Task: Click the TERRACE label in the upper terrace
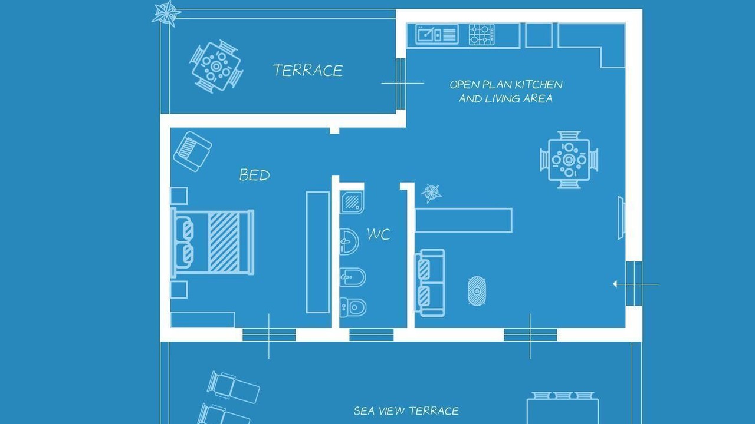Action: pos(308,70)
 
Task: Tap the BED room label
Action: pos(254,175)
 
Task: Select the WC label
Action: pos(379,234)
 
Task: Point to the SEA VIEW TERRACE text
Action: pos(406,410)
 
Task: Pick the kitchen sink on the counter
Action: pos(437,34)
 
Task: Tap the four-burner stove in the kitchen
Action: pos(482,34)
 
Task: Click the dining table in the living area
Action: pos(569,160)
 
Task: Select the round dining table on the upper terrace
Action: pos(216,67)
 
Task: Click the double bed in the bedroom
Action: pos(213,243)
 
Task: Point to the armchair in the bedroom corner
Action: pos(192,151)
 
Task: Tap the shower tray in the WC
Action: pos(352,202)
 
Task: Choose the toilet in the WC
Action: pos(353,307)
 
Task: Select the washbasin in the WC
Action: pos(349,241)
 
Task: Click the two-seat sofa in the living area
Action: pos(430,283)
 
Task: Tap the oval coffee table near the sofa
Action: pos(477,291)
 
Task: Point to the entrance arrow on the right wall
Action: pos(636,284)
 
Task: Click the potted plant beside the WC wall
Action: pos(431,193)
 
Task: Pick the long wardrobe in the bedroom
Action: pos(318,253)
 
